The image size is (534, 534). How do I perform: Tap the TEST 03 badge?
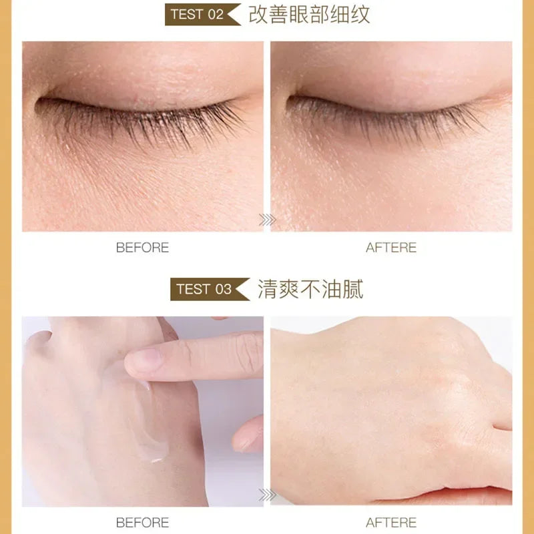coord(205,290)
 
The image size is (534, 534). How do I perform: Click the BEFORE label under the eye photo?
coord(142,248)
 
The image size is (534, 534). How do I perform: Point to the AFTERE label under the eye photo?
coord(391,248)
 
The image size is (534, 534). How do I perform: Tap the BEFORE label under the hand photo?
coord(142,523)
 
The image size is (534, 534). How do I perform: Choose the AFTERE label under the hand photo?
coord(391,523)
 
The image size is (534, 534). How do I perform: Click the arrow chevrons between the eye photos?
coord(267,220)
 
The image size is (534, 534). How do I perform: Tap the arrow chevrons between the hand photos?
coord(267,495)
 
